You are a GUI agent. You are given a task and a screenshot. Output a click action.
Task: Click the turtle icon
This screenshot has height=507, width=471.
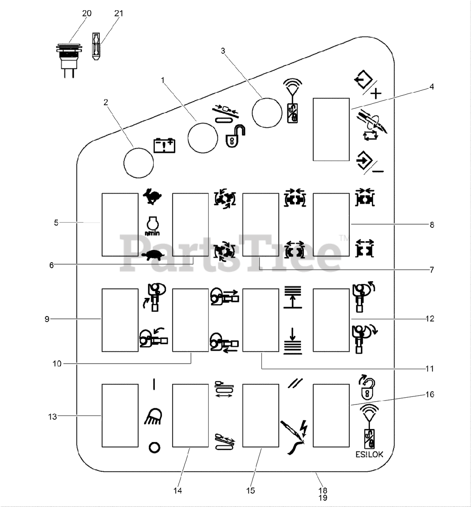153,255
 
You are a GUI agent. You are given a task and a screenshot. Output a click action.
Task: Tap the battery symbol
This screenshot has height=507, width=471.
164,145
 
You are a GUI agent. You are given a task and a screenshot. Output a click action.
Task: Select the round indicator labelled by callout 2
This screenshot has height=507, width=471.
139,163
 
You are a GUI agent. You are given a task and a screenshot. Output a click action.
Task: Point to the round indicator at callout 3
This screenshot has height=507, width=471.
267,112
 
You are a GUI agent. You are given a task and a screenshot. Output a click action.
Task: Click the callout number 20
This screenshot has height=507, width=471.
87,13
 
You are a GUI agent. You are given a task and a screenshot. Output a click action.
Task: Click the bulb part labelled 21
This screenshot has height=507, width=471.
95,46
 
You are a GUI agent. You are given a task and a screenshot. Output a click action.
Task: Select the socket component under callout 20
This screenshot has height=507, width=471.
69,61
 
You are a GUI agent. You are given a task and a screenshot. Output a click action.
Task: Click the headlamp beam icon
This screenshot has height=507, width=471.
153,417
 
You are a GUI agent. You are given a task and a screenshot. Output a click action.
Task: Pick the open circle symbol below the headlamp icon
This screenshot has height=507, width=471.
154,448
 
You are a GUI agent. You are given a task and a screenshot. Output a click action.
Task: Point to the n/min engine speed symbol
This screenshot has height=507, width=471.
152,226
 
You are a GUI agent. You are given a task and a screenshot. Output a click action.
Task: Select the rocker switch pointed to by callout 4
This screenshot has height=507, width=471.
331,130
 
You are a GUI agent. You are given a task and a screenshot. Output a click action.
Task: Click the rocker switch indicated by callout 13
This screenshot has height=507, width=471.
120,416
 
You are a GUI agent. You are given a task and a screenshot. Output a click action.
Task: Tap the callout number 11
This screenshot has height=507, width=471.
430,369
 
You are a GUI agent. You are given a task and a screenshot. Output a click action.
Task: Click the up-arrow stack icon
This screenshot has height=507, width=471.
293,297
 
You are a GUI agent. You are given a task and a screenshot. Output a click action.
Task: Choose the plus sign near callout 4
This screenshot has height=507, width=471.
376,93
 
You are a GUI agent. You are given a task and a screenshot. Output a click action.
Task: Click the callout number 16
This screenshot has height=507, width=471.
430,394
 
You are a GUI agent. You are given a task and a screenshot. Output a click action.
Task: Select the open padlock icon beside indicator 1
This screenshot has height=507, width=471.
235,136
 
